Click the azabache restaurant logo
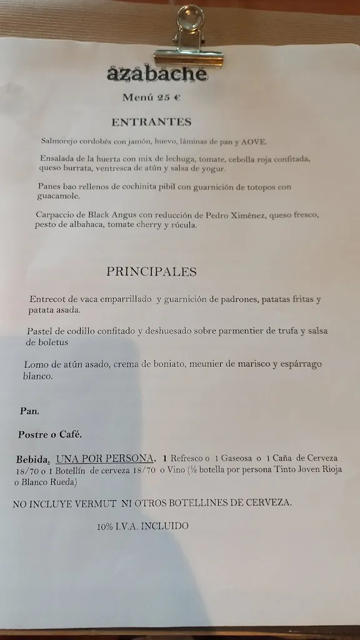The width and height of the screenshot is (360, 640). pos(157,74)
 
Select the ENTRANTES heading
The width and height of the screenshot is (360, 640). pos(151,122)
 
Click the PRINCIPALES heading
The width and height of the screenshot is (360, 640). pos(151,271)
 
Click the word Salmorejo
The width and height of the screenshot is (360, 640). pos(61,141)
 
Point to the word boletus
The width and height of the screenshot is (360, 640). pos(47,342)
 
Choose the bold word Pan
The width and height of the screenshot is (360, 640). pos(29,411)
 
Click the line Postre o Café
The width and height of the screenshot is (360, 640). pos(50,434)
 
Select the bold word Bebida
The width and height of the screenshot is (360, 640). pos(32,458)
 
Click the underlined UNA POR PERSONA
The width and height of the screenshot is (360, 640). pos(105,458)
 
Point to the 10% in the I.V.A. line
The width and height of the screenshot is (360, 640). pos(105,526)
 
